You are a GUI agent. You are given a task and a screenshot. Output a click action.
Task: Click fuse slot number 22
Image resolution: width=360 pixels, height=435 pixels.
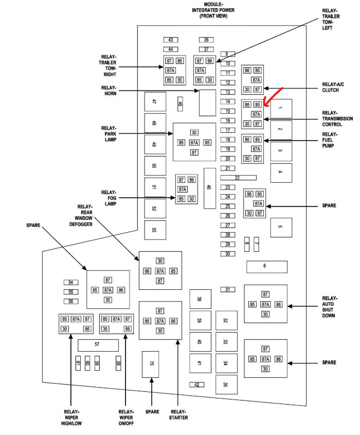[238, 178]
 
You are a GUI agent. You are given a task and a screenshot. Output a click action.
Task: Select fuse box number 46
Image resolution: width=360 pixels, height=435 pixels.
[209, 188]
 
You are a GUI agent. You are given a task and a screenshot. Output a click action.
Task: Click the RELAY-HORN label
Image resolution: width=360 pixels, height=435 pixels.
[109, 91]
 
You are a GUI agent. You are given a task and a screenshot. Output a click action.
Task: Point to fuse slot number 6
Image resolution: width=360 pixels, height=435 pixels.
[266, 266]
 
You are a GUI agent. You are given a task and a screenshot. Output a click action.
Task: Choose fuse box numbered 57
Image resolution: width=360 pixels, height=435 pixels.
[98, 345]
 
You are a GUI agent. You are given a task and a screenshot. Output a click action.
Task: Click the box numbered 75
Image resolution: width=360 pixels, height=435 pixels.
[152, 364]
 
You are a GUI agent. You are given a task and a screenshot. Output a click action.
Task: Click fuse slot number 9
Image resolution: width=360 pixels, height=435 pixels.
[227, 54]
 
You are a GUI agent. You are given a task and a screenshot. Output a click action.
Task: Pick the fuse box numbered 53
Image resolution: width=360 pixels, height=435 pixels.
[155, 230]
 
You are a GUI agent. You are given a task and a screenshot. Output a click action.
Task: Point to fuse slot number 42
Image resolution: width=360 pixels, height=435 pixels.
[196, 385]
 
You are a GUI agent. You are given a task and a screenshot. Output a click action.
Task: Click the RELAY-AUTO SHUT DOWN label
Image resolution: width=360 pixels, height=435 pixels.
[329, 307]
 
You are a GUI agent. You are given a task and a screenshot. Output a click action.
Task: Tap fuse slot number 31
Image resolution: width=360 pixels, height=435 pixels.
[227, 290]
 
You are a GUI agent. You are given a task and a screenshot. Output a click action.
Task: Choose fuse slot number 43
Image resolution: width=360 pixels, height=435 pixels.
[170, 40]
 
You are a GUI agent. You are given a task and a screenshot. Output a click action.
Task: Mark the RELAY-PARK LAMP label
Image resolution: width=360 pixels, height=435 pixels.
[109, 133]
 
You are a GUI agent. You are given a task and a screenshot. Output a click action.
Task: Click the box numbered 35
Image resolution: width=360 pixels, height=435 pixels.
[226, 385]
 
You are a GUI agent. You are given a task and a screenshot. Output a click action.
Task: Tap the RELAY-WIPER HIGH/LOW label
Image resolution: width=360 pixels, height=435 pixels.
[71, 417]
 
